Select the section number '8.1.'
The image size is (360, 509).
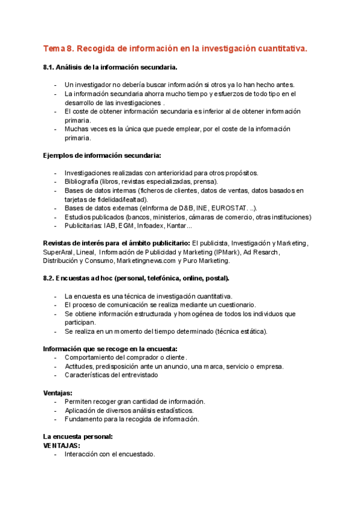click(x=50, y=67)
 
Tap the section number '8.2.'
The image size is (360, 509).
click(x=50, y=279)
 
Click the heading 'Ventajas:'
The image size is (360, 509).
click(x=58, y=393)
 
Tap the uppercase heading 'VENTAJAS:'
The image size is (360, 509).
click(x=62, y=445)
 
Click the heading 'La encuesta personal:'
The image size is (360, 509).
click(x=78, y=436)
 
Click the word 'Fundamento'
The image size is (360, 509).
click(x=85, y=419)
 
